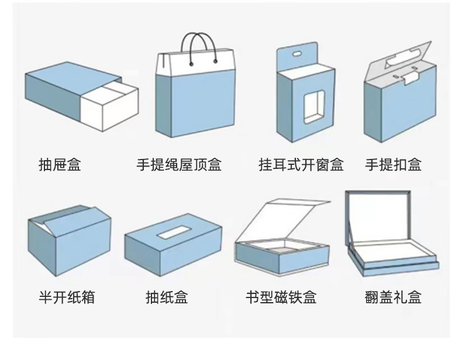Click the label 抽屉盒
tap(59, 165)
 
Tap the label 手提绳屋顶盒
tap(179, 165)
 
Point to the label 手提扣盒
tap(393, 165)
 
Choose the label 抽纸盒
tap(167, 297)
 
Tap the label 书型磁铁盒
tap(281, 297)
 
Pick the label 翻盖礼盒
tap(392, 297)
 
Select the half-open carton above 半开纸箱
tap(70, 240)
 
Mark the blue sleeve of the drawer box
tap(56, 96)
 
